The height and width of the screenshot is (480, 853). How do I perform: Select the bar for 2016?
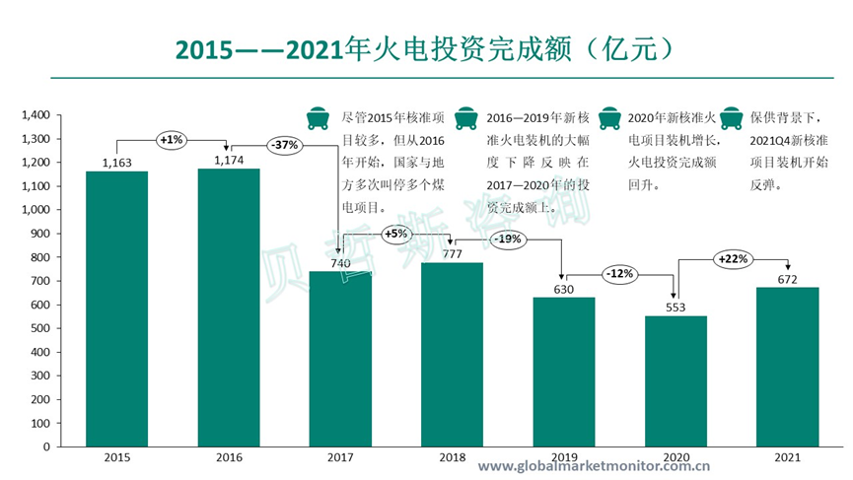point(229,307)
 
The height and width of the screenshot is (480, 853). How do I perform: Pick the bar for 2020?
point(675,380)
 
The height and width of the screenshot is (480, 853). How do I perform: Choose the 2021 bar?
point(788,366)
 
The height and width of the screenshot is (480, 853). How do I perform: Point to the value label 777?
point(453,253)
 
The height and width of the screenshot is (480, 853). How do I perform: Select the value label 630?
point(564,288)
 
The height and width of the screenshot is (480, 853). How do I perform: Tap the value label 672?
point(788,278)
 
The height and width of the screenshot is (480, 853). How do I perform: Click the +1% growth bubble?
point(171,140)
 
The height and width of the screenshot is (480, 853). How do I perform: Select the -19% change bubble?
point(507,239)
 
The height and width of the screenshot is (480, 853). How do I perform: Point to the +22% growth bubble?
point(733,259)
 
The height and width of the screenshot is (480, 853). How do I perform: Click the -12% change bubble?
point(619,273)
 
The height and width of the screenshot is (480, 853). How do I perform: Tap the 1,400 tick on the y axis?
point(36,115)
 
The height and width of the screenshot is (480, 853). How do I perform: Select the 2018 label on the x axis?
point(453,458)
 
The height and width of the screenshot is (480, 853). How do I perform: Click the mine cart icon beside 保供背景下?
point(733,116)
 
